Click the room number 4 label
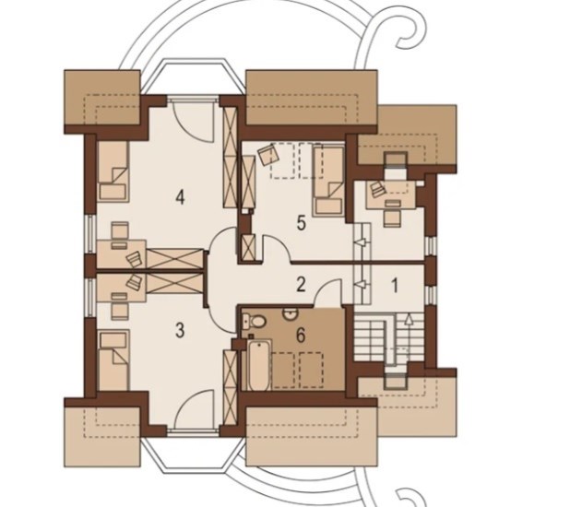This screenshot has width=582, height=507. pos(180,197)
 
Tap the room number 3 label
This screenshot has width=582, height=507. pos(180,330)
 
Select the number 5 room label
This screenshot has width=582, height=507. pos(301,223)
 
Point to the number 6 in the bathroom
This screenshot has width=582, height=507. pos(301,336)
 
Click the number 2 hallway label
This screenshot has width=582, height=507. pos(301,285)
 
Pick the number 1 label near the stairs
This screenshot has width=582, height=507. pos(395,286)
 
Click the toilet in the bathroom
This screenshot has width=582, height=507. pos(254,321)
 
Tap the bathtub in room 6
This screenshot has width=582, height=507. pos(257,365)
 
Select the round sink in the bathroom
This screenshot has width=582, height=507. pos(291,314)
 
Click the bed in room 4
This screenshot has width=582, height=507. pos(113,171)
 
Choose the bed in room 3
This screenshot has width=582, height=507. pos(113,360)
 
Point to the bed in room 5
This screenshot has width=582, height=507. pos(328,181)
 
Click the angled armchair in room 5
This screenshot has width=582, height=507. pos(268,154)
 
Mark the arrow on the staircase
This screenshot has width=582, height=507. pos(409,334)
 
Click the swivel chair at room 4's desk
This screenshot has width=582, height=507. pos(134,258)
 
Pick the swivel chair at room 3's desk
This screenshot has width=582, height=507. pos(134,281)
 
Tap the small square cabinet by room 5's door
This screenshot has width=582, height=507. pos(247,247)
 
